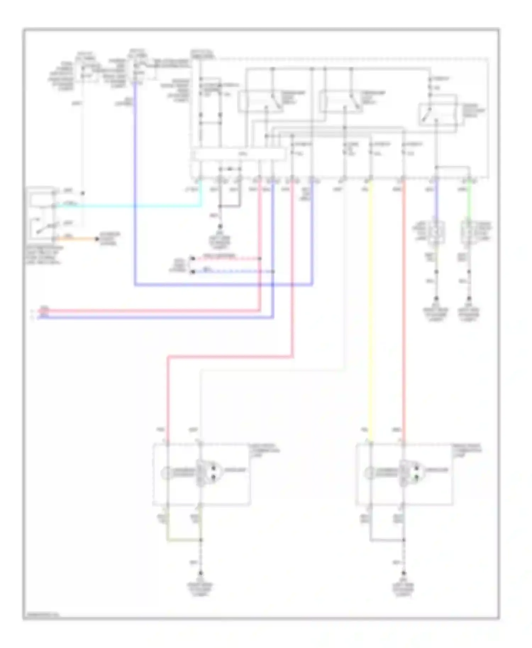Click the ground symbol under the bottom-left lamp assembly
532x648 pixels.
pos(201,574)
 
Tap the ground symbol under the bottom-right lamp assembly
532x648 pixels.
pos(404,574)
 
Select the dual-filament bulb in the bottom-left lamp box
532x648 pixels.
pos(209,472)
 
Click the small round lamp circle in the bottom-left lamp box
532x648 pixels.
pos(166,472)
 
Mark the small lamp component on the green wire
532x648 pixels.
pos(469,232)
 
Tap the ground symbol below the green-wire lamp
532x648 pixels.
pos(469,298)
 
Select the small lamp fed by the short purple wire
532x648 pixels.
pos(436,232)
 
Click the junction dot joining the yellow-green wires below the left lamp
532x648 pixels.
pos(201,540)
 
